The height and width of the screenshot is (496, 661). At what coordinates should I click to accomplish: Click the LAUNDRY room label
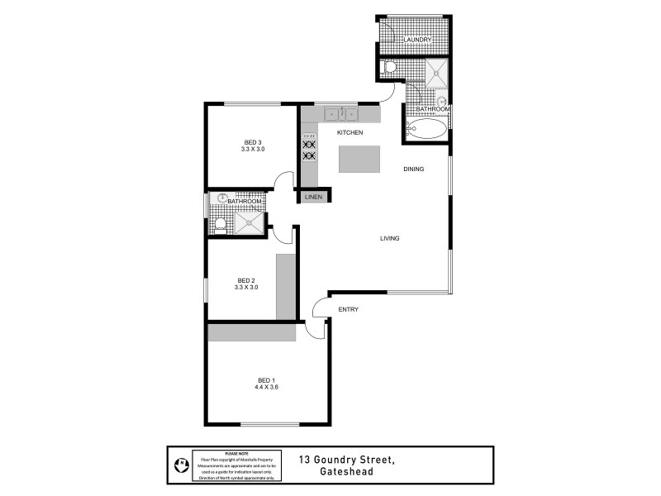pyautogui.click(x=417, y=40)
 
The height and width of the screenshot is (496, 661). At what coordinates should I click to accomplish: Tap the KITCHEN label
pyautogui.click(x=350, y=133)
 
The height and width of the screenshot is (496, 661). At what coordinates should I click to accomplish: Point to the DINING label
pyautogui.click(x=413, y=169)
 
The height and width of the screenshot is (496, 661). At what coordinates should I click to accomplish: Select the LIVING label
pyautogui.click(x=389, y=238)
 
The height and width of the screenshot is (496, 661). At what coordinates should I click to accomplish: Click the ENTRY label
pyautogui.click(x=349, y=309)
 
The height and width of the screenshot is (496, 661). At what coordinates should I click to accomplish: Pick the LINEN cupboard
pyautogui.click(x=313, y=197)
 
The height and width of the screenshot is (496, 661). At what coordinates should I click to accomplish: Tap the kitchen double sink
pyautogui.click(x=340, y=113)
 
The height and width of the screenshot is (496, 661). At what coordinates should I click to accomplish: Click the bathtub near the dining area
pyautogui.click(x=426, y=129)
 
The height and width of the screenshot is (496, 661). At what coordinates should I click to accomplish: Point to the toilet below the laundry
pyautogui.click(x=391, y=68)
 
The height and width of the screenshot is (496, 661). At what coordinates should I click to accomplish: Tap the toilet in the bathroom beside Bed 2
pyautogui.click(x=219, y=223)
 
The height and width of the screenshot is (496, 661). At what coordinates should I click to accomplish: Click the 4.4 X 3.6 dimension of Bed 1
pyautogui.click(x=266, y=387)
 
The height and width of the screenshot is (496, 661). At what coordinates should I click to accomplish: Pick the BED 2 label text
pyautogui.click(x=246, y=279)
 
